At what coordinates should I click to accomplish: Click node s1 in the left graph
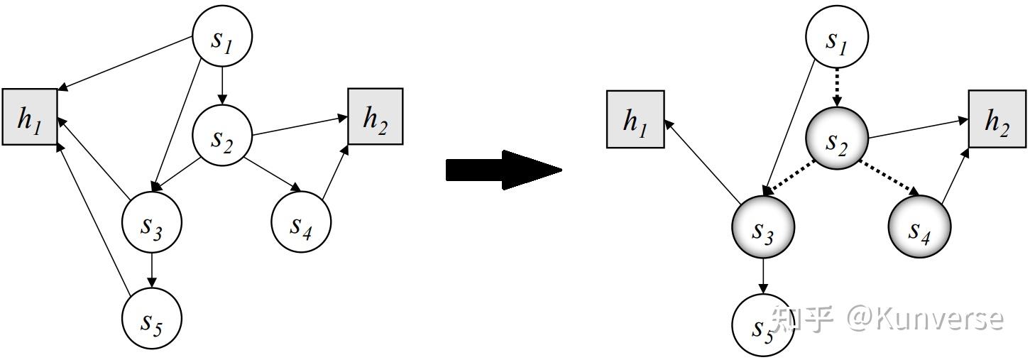[x=221, y=37]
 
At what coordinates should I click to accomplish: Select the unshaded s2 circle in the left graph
[x=221, y=135]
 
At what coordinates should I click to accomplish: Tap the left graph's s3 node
[x=152, y=223]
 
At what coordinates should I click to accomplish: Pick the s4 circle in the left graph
[x=301, y=222]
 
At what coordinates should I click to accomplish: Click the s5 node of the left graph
[x=152, y=318]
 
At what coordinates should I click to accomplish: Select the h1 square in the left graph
[x=30, y=117]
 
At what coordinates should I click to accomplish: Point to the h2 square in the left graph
[x=376, y=116]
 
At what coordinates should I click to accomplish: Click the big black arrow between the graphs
[x=504, y=170]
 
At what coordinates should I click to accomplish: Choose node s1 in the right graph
[x=837, y=37]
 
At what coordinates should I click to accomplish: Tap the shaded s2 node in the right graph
[x=837, y=138]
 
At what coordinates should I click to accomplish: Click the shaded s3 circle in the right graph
[x=763, y=227]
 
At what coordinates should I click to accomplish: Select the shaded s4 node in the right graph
[x=920, y=227]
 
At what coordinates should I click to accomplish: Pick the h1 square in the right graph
[x=635, y=119]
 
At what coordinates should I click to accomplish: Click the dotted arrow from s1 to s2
[x=837, y=88]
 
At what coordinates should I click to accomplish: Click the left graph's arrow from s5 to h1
[x=93, y=219]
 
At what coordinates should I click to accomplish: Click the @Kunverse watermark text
[x=926, y=319]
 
